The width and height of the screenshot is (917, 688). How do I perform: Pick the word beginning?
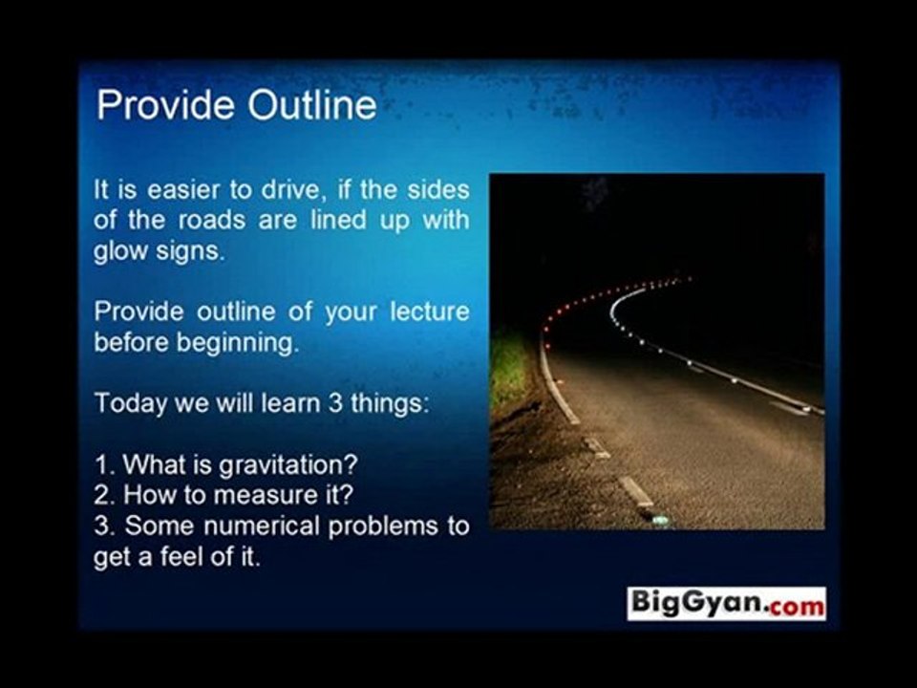pos(237,343)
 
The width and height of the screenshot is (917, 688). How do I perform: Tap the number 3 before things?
pos(335,402)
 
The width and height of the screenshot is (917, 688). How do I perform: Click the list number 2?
pos(100,495)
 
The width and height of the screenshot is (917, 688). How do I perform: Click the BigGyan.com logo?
pos(726,603)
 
